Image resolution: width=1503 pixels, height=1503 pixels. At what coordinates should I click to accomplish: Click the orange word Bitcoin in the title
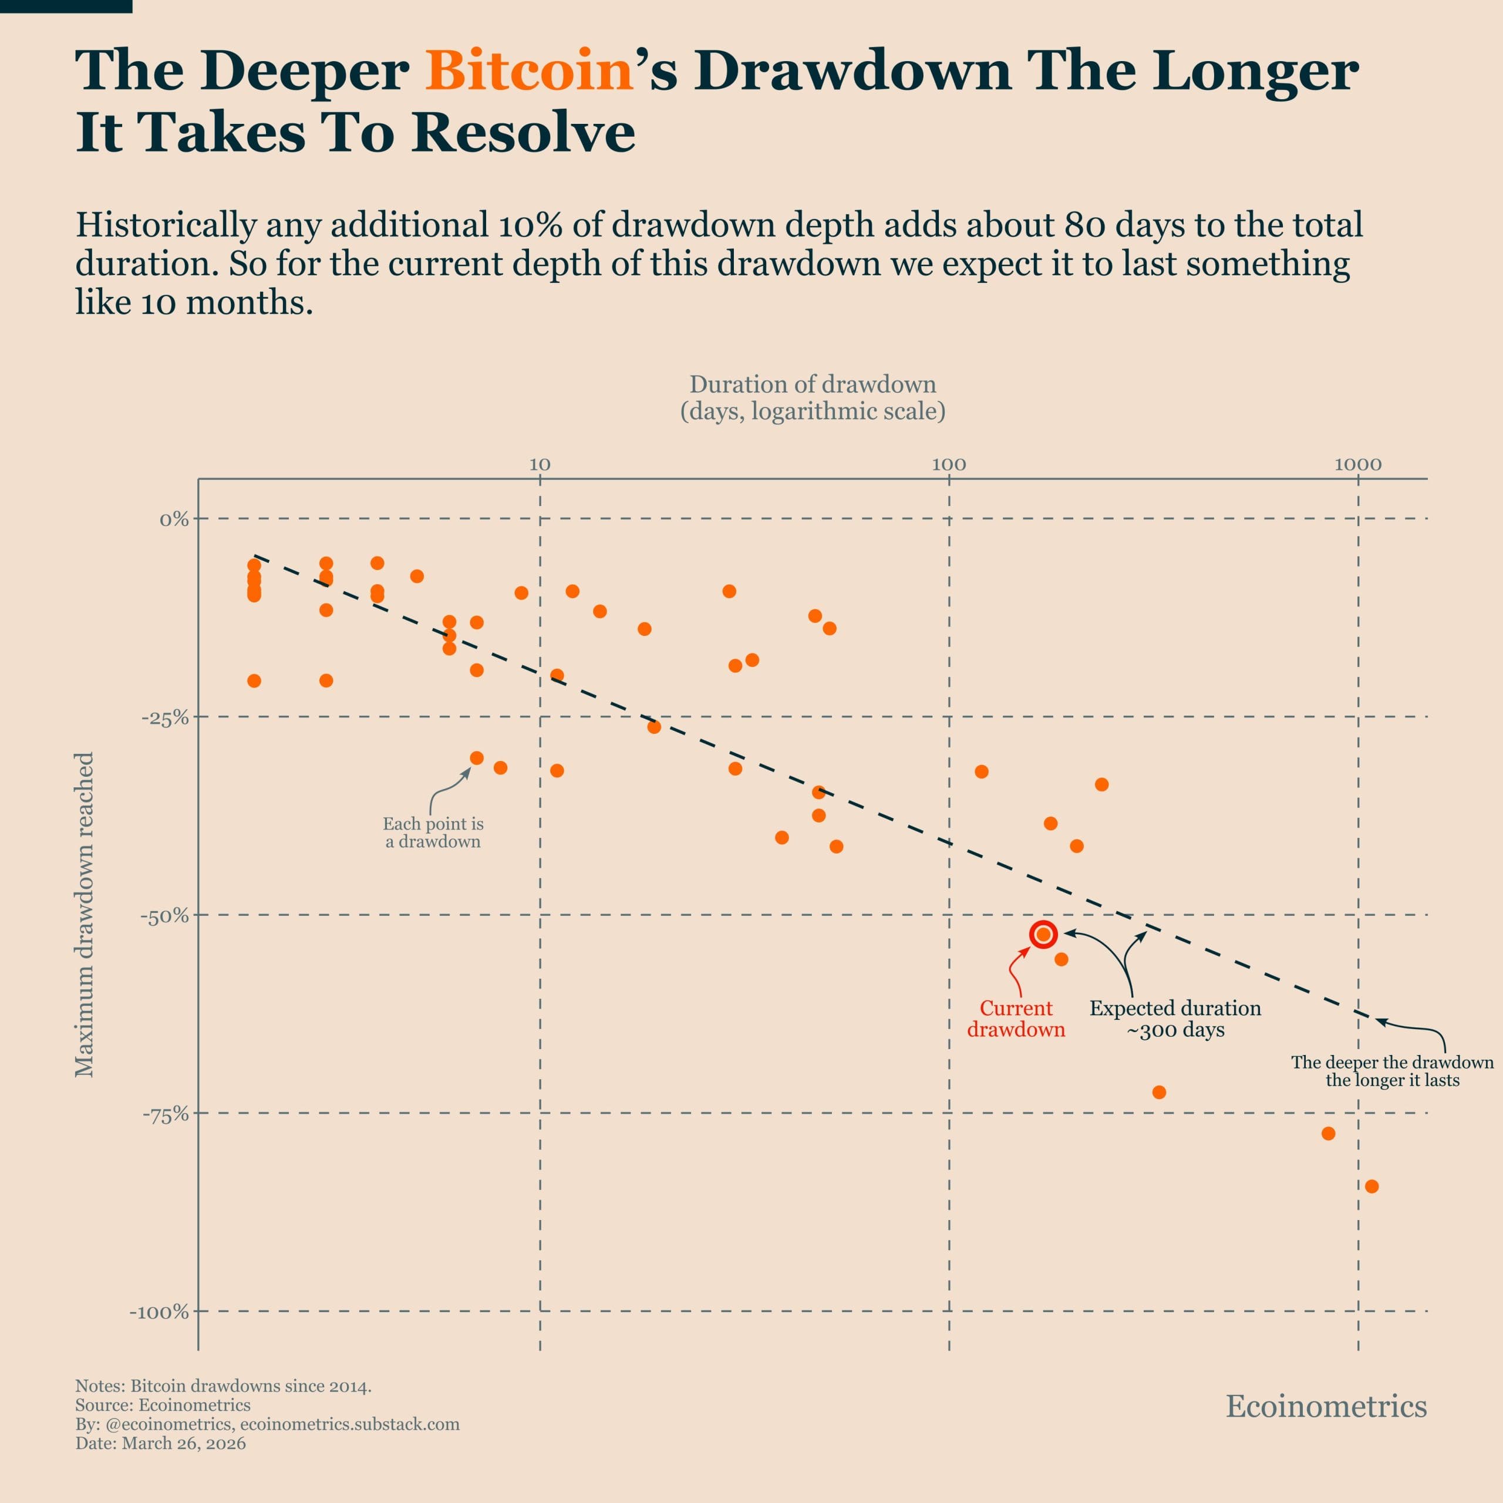pos(529,72)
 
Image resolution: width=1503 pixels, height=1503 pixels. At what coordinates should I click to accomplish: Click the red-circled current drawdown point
pos(1043,934)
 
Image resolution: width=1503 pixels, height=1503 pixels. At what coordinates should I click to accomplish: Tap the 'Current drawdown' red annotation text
pos(1015,1018)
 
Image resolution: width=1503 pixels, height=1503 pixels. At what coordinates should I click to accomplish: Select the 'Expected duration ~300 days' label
pos(1175,1018)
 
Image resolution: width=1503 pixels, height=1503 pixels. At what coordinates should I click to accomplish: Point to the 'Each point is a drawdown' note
pos(433,833)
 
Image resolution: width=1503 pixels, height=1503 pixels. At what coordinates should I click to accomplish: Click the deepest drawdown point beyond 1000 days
pos(1371,1187)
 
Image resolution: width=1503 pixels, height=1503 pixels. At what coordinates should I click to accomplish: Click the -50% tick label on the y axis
pos(165,916)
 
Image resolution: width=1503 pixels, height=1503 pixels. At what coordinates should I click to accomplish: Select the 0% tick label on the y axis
pos(174,519)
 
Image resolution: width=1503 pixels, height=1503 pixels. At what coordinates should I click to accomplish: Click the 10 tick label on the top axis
pos(540,465)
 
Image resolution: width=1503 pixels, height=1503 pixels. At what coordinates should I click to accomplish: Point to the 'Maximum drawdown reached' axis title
pos(84,914)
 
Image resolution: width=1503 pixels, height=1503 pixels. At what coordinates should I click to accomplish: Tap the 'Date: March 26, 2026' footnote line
pos(160,1443)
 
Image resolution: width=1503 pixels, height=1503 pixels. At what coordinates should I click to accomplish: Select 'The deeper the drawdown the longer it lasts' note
pos(1392,1071)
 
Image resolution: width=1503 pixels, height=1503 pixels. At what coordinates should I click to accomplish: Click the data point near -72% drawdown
pos(1158,1092)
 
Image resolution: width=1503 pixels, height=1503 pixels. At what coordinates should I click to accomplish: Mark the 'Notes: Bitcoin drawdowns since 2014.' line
pos(223,1386)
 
